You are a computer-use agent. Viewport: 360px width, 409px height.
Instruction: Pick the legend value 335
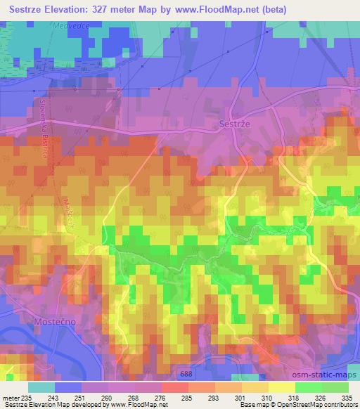click(347, 397)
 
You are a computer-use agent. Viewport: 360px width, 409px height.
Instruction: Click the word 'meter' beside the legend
click(12, 397)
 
